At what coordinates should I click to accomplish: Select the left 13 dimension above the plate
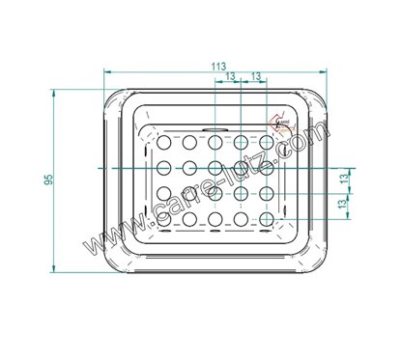point(227,76)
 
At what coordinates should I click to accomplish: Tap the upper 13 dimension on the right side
point(344,179)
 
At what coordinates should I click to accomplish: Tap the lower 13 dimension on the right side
point(344,205)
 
